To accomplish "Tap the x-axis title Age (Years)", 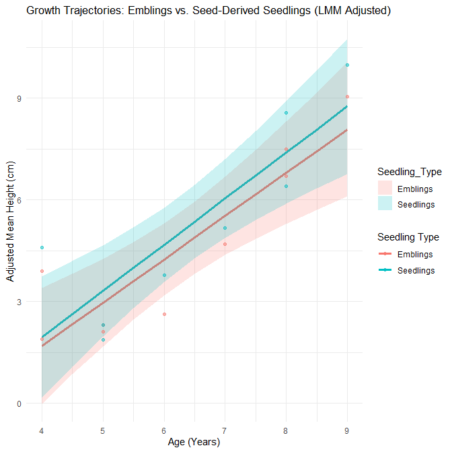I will click(x=194, y=442).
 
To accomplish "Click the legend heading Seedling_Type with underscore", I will click(x=409, y=172).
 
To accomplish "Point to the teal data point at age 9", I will click(x=347, y=65).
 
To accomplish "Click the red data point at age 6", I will click(x=164, y=314).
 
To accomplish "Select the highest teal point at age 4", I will click(x=42, y=248).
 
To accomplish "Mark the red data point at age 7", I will click(x=225, y=244).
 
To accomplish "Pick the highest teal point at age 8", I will click(x=286, y=112).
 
